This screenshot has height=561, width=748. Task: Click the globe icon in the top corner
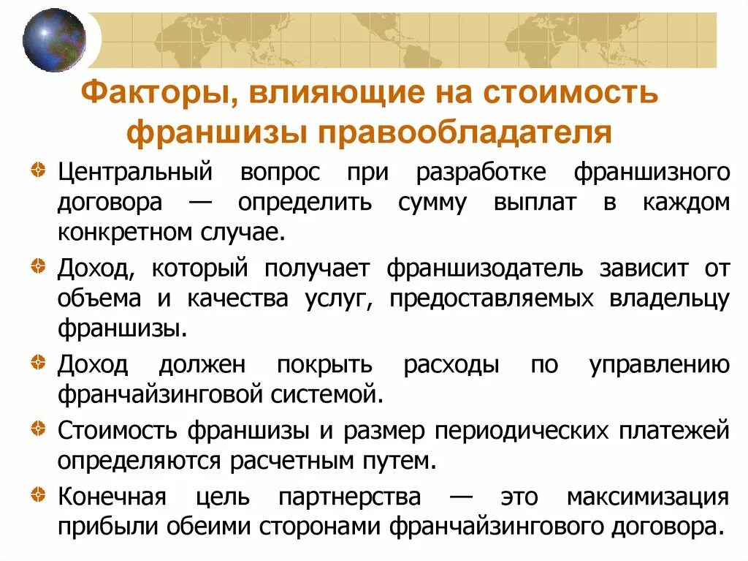[54, 40]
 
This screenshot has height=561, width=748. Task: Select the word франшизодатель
[484, 268]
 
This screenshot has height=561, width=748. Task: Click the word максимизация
[647, 497]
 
